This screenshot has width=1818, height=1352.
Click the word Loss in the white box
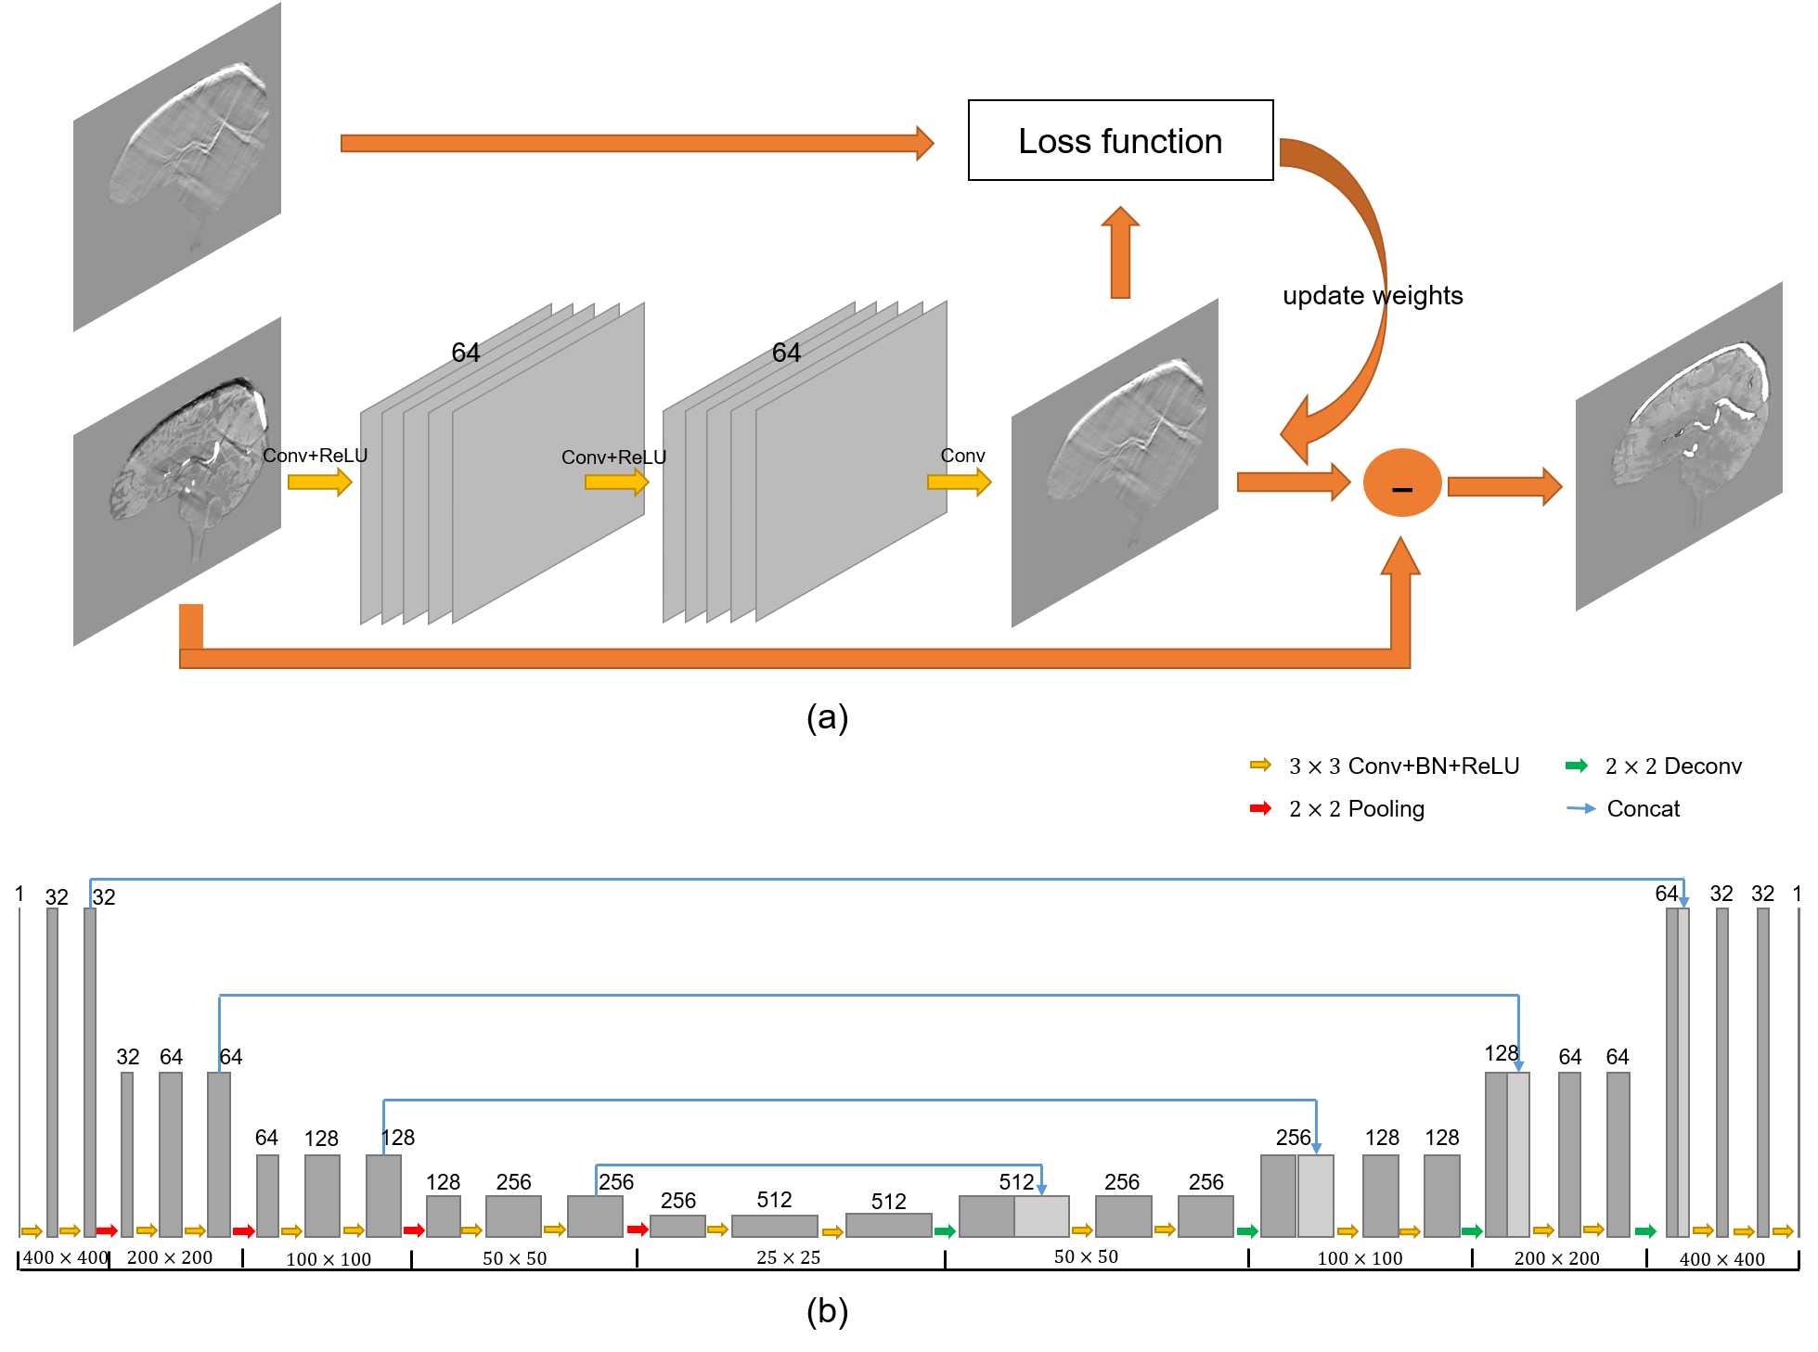[1054, 142]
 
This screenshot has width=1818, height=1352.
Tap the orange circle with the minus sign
[1401, 483]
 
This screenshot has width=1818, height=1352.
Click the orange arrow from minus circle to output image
[1504, 486]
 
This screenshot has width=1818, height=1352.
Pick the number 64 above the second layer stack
[786, 353]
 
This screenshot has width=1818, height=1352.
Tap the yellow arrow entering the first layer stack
[319, 482]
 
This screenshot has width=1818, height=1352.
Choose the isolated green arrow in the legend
[1577, 766]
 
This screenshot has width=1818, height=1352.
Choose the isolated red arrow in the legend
[1260, 808]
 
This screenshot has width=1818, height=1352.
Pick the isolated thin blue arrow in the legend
[1581, 808]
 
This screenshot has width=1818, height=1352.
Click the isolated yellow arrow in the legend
[1260, 765]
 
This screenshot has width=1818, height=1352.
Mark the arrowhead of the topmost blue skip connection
[1683, 902]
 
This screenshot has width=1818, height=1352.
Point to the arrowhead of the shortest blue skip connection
[1041, 1189]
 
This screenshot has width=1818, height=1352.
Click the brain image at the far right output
[1679, 446]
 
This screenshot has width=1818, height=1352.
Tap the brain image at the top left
[177, 167]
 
